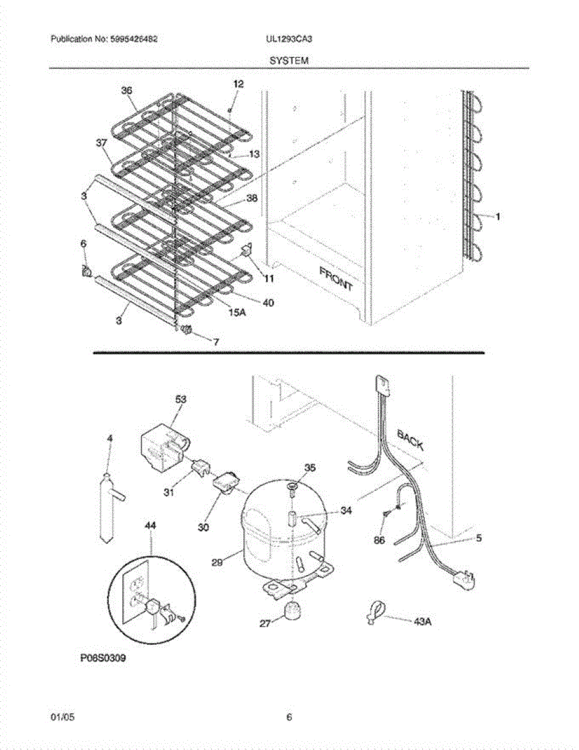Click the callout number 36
(x=127, y=91)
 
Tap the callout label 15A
(x=237, y=312)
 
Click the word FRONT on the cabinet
(x=336, y=279)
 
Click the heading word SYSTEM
(x=289, y=61)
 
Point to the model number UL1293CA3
(x=289, y=39)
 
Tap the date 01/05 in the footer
(x=60, y=717)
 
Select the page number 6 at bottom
(x=289, y=717)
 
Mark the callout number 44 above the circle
(x=151, y=526)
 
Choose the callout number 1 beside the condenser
(x=498, y=217)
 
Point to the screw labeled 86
(x=385, y=513)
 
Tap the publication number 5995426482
(x=133, y=39)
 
